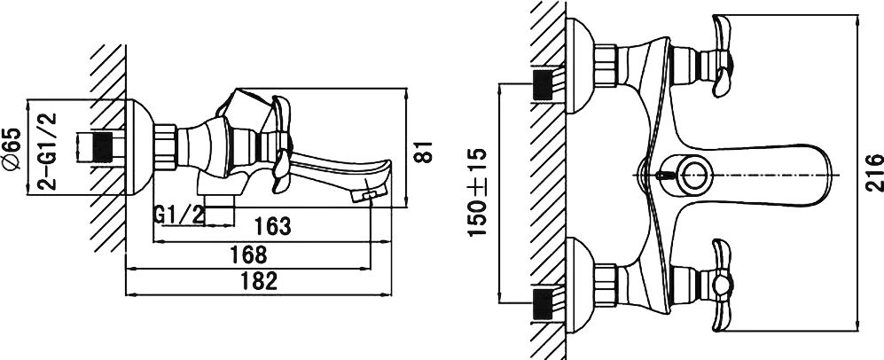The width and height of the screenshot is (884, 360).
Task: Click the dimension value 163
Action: (x=272, y=226)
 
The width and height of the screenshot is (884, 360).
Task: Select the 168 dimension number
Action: (x=248, y=254)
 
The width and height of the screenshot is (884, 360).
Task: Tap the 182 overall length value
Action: (x=259, y=280)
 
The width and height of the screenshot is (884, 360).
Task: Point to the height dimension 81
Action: (x=424, y=153)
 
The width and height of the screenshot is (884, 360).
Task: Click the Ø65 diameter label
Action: (x=12, y=149)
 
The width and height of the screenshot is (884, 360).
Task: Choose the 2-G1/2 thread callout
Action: (x=49, y=151)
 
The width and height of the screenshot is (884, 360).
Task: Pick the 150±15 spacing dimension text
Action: (x=478, y=192)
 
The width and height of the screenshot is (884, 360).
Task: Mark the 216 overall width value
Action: (x=874, y=173)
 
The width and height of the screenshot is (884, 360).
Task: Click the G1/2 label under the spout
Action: (x=179, y=215)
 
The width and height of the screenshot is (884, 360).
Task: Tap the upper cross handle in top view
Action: (x=722, y=56)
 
